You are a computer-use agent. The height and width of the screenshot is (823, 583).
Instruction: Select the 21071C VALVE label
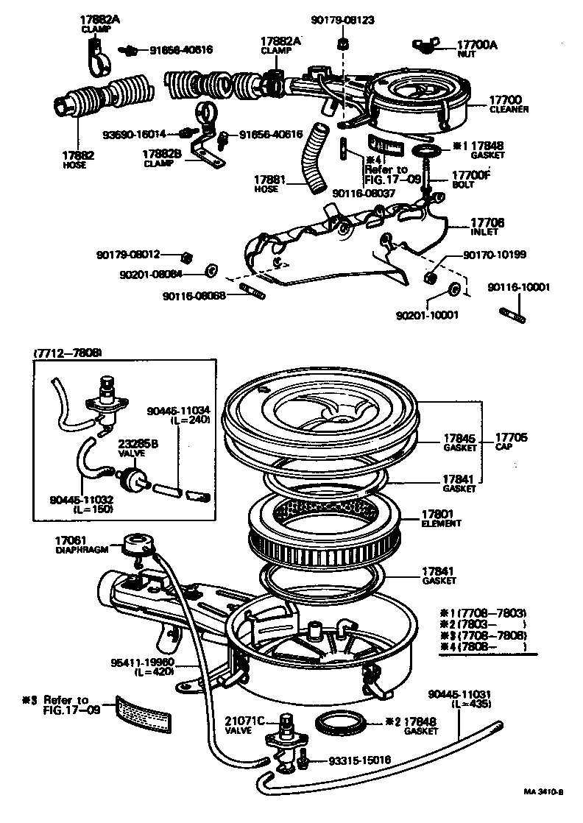[242, 725]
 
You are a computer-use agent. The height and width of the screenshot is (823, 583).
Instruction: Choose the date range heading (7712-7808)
[68, 353]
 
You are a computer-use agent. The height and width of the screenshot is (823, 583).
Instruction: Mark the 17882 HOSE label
[77, 160]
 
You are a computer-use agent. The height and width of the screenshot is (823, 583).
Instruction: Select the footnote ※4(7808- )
[486, 646]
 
